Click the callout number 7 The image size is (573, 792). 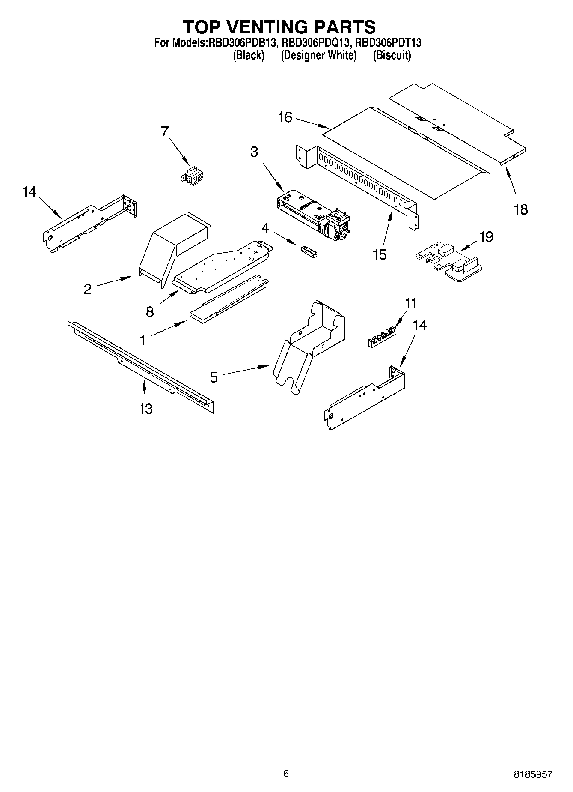pos(165,131)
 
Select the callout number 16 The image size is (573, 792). pos(285,117)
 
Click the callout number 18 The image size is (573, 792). pos(521,209)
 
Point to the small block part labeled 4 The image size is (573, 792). pos(309,251)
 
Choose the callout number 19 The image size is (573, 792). pos(487,236)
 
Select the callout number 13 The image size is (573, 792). pos(146,409)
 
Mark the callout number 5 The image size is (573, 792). pos(214,377)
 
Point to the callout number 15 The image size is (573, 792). pos(380,254)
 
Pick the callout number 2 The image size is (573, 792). pos(88,289)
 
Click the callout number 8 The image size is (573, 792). pos(150,311)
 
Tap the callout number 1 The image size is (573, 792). pos(143,340)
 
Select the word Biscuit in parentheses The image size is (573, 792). pos(392,56)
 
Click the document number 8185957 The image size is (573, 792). pos(533,774)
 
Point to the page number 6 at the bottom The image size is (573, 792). pos(286,773)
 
